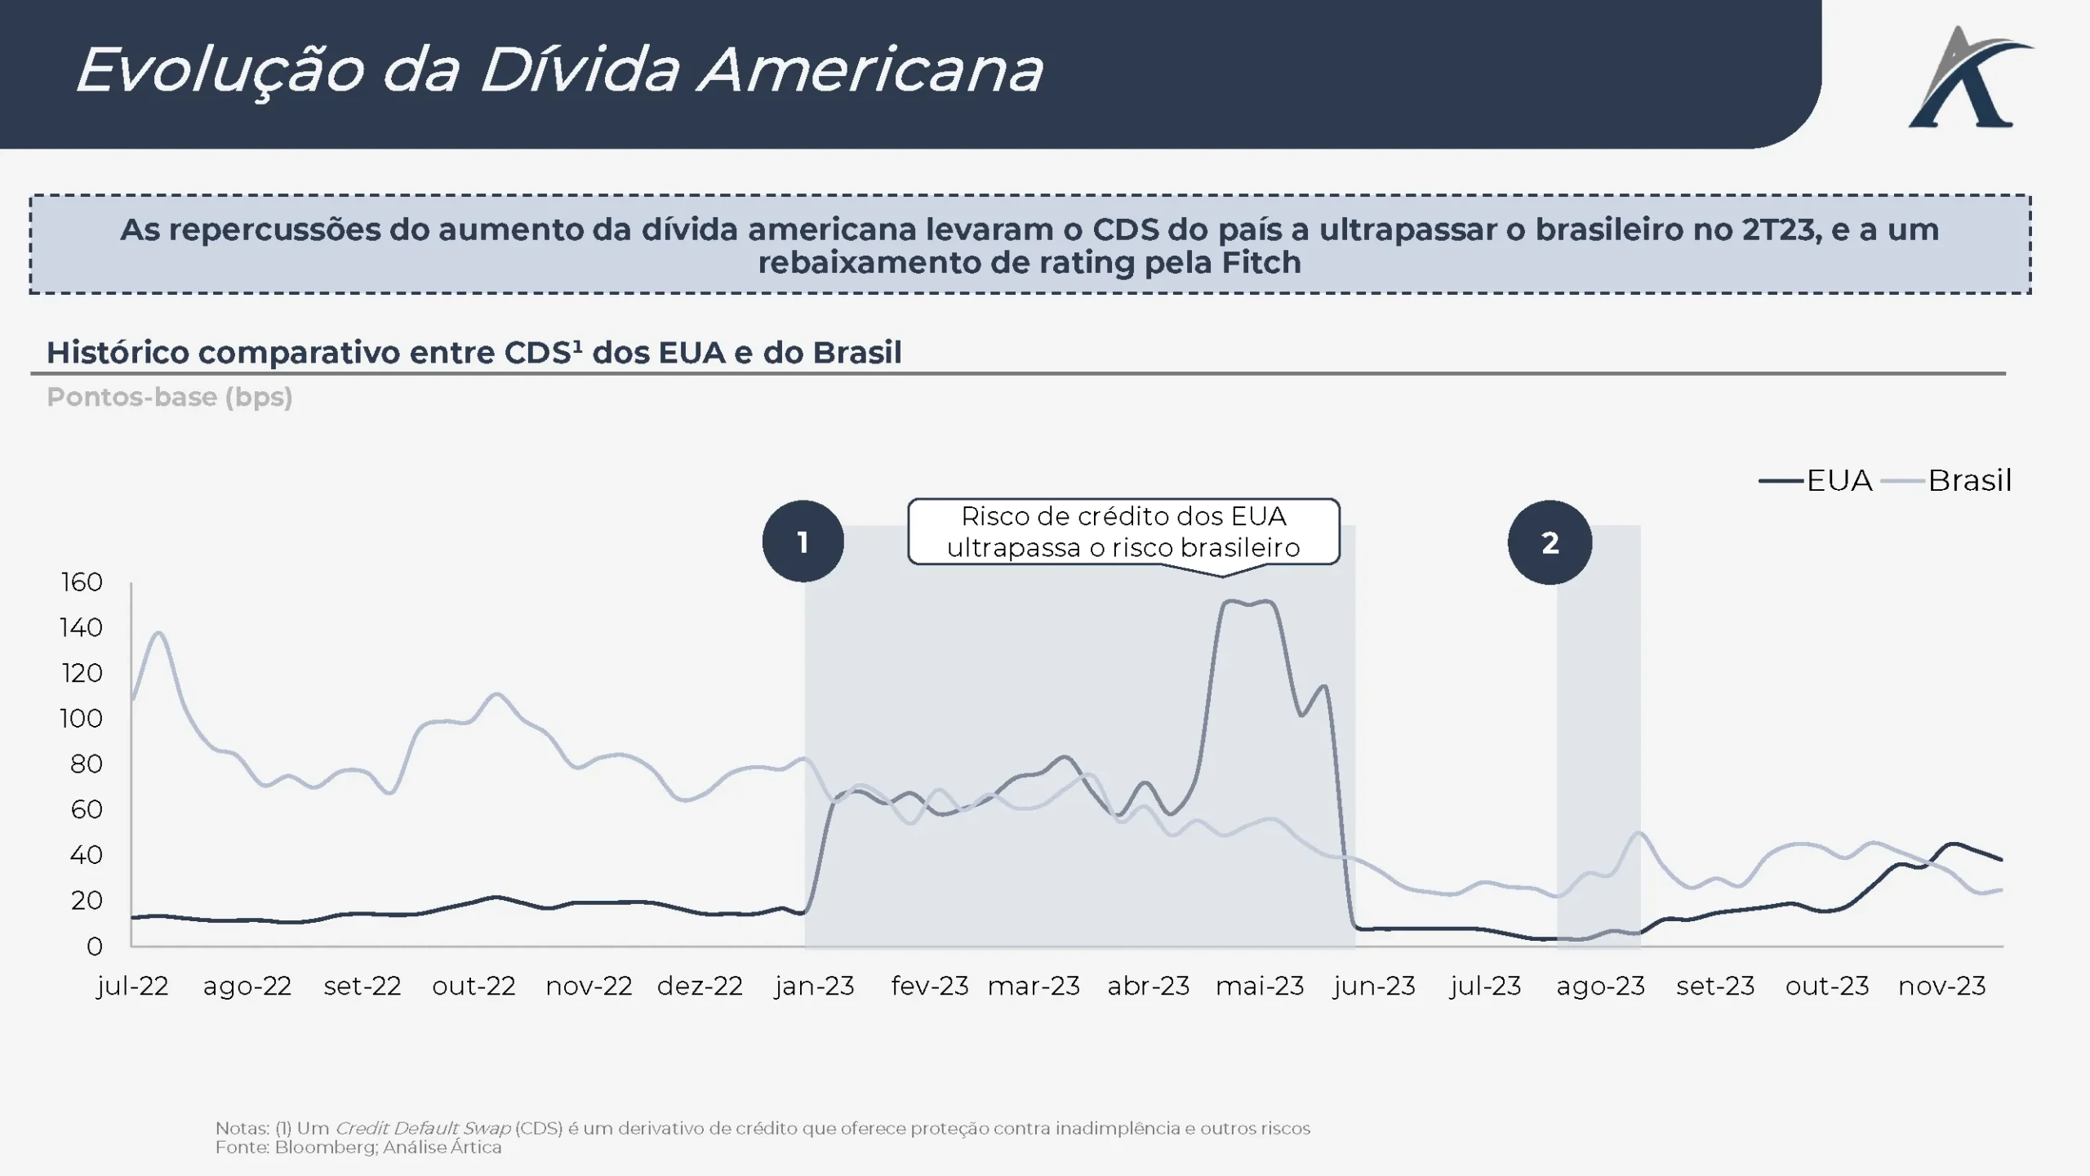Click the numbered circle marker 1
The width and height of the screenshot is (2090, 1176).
803,541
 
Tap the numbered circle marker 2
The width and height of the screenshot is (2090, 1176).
1550,542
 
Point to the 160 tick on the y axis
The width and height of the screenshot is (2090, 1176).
82,582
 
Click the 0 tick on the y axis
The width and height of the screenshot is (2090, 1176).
95,947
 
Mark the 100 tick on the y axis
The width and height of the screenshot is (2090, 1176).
82,719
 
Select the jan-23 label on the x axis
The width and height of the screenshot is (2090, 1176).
814,987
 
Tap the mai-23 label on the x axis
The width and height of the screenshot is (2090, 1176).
1260,987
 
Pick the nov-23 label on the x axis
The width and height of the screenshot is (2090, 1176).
1941,987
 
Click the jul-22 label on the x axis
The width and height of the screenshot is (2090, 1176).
132,987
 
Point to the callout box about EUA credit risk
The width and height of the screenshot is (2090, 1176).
1123,532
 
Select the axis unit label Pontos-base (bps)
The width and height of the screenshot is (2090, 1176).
170,397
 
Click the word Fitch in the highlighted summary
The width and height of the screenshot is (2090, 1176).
1261,263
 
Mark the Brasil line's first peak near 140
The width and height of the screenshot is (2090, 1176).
158,633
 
